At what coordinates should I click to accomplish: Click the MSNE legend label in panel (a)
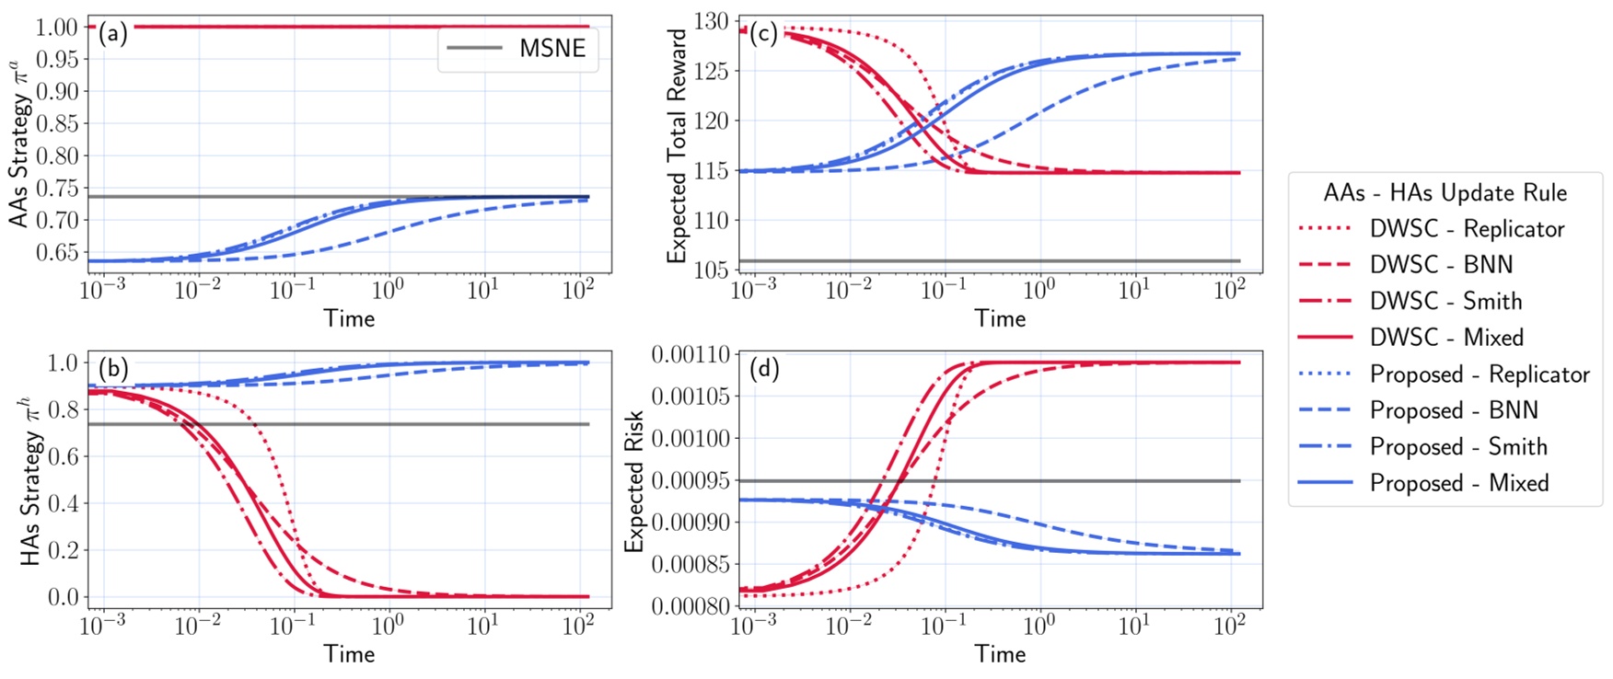coord(551,49)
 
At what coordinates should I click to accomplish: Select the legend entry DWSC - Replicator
coord(1466,229)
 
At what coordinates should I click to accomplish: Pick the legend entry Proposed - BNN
coord(1454,410)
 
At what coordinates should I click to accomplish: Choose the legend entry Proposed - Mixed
coord(1458,483)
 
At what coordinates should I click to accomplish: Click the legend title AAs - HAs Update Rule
coord(1445,193)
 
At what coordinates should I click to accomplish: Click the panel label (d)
coord(763,369)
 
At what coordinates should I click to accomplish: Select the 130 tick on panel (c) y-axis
coord(712,22)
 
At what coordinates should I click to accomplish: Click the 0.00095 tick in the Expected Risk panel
coord(690,481)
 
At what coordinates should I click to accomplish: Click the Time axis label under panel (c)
coord(1000,318)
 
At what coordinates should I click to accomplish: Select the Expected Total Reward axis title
coord(678,145)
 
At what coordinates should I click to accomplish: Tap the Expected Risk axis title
coord(634,481)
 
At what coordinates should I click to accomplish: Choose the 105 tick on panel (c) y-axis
coord(712,270)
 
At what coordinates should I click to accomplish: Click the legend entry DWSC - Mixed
coord(1446,338)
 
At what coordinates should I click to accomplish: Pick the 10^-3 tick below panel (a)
coord(103,291)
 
